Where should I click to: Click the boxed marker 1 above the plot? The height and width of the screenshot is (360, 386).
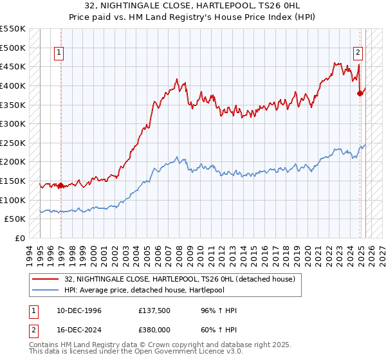point(59,53)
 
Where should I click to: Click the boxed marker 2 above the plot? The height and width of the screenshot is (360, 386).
point(357,53)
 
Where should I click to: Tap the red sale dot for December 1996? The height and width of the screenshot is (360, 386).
point(60,186)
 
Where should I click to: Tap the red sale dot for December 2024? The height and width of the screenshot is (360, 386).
point(360,93)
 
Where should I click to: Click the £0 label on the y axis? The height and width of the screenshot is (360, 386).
point(21,238)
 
